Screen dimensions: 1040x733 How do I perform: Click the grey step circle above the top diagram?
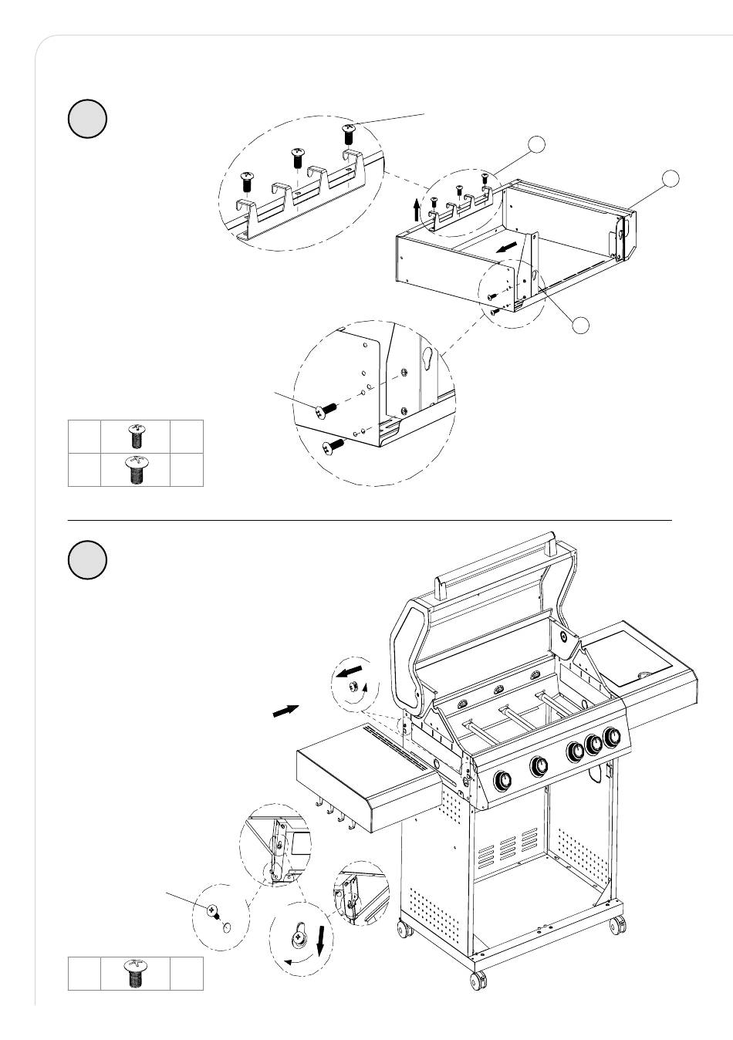[87, 119]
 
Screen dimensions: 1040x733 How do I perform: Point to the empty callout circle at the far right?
[671, 179]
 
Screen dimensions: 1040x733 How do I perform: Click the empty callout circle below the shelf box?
[581, 325]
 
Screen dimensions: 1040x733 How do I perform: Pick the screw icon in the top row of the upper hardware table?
[136, 437]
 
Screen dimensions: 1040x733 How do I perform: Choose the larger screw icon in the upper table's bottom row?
[136, 470]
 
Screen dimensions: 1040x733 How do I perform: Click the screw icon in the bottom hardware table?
[136, 974]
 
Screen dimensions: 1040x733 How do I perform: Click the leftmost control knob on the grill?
[502, 780]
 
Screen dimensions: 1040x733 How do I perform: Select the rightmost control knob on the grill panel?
[613, 737]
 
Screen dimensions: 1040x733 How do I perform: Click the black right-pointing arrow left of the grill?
[285, 711]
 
